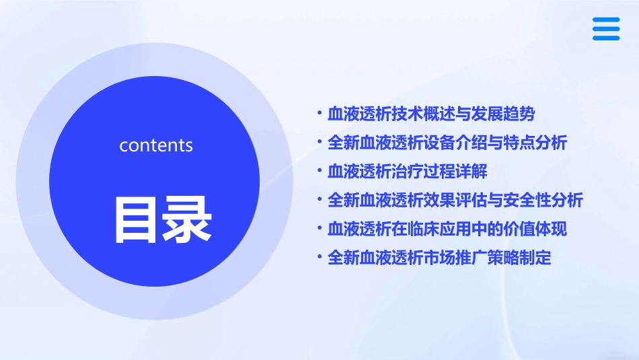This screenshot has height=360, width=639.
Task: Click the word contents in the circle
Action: pos(156,145)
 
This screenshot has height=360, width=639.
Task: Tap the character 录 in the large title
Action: pos(185,219)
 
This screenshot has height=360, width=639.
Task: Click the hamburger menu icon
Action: pos(606,29)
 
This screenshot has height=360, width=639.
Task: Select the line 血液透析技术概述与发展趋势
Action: pos(431,114)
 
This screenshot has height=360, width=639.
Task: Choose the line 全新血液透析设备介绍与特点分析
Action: pos(447,143)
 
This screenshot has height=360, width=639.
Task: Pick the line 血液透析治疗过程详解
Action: pos(407,172)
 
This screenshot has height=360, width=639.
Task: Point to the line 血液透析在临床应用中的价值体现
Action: pos(447,229)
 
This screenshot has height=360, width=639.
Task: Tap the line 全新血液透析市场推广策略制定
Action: pos(439,258)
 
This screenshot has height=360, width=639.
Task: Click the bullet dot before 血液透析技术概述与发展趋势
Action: pos(319,113)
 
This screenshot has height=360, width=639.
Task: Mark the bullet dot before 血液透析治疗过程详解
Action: pos(319,170)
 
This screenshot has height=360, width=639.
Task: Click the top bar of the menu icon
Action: pos(606,20)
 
